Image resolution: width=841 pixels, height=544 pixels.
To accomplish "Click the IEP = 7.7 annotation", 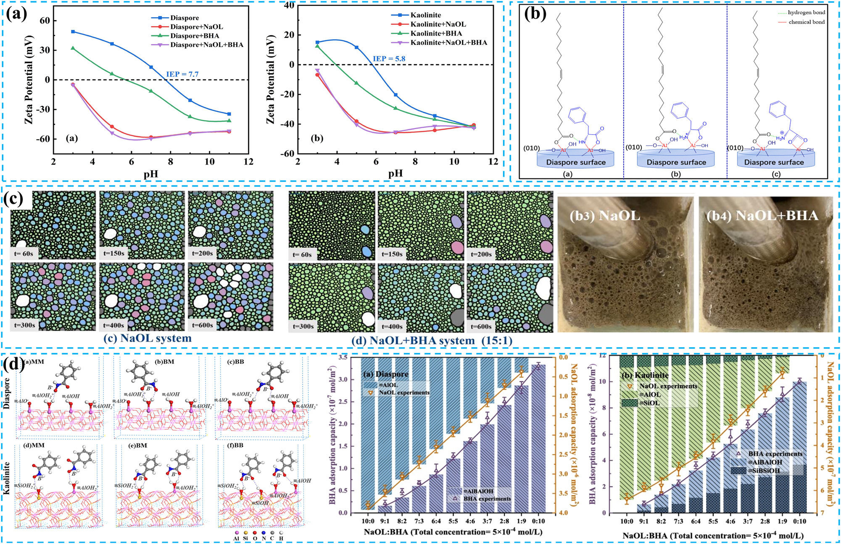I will pos(182,74).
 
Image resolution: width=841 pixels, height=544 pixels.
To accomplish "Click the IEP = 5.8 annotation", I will pos(389,59).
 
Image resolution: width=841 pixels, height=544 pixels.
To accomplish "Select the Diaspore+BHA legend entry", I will pos(194,36).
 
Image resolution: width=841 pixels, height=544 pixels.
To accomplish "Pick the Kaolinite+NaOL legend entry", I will pos(438,24).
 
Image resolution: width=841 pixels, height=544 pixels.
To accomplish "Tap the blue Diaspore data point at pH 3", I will pos(73,32).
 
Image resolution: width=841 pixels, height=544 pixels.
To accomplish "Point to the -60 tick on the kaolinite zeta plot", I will pos(288,153).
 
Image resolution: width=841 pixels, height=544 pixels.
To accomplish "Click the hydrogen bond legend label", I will pos(806,13).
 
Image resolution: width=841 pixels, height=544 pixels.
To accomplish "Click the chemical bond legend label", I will pos(806,22).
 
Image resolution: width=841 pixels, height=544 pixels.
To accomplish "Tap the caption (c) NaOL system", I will pos(148,338).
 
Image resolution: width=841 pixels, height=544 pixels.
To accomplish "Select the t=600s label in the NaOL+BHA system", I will pos(482,326).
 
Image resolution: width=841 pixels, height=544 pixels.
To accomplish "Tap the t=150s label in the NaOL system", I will pos(114,254).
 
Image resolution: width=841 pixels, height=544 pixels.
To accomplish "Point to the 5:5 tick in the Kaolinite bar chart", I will pos(713,521).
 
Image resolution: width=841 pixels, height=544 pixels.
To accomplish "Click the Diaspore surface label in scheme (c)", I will pos(774,162).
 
